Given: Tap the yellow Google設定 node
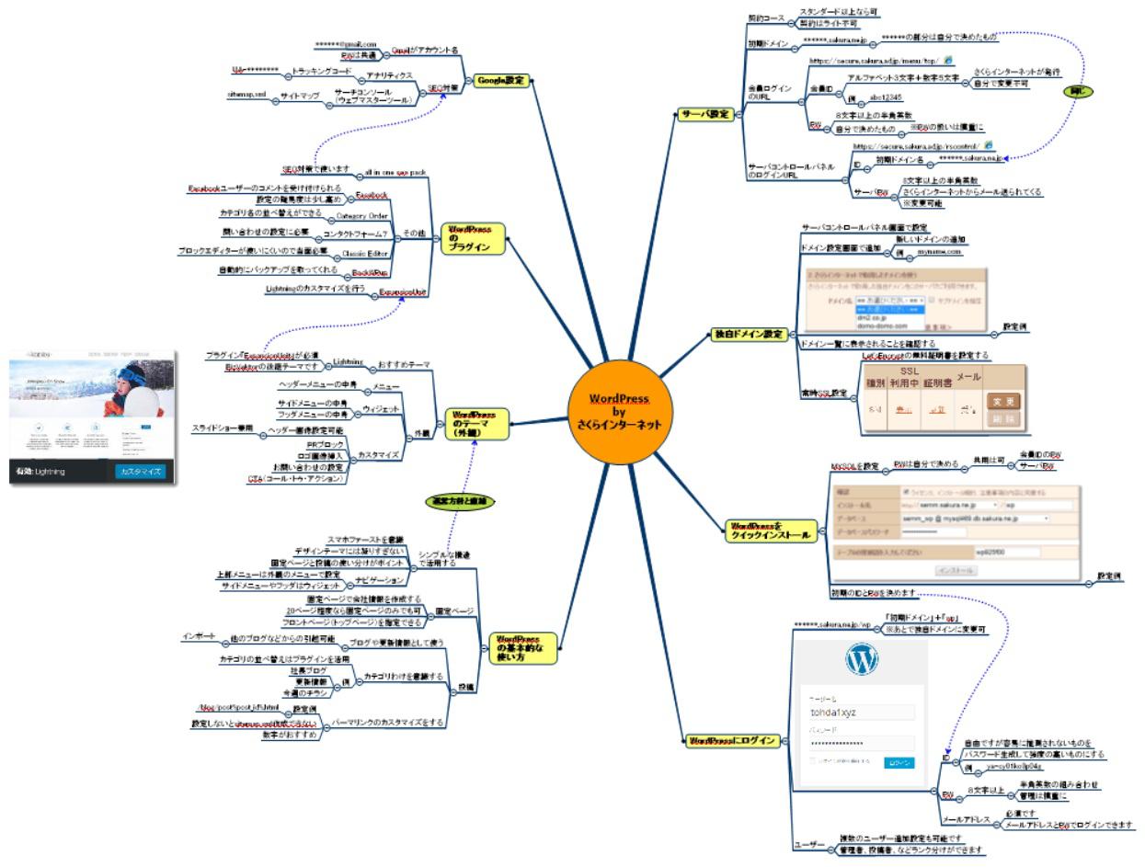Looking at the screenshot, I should coord(500,80).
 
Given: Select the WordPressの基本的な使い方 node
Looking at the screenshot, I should coord(511,648).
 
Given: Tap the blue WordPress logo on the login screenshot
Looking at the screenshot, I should coord(861,658).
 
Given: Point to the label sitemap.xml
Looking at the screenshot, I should coord(246,95).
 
